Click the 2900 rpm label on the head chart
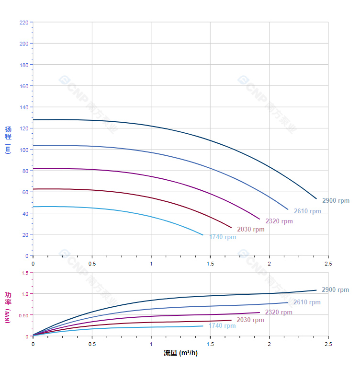(x=336, y=201)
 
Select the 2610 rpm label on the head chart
(x=307, y=211)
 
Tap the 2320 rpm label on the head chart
(x=279, y=221)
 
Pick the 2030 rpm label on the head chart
(x=250, y=230)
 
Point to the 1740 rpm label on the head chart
(x=223, y=237)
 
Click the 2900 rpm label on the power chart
(x=335, y=290)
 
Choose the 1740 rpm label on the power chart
(x=222, y=326)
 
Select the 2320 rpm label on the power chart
(x=279, y=313)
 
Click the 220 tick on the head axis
(x=23, y=23)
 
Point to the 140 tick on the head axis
(x=23, y=107)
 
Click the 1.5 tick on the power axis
(x=25, y=273)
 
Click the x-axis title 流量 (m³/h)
(x=180, y=353)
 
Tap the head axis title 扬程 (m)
(x=8, y=139)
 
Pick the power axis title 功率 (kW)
(x=8, y=307)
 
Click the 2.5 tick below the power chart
(x=328, y=344)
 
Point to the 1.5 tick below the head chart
(x=210, y=264)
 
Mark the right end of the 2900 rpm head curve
(x=316, y=198)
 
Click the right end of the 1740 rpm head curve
(x=203, y=235)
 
